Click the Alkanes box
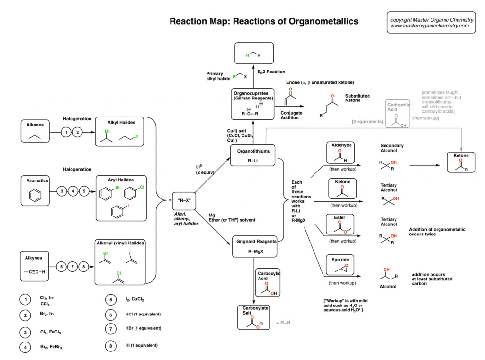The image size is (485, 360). (x=36, y=131)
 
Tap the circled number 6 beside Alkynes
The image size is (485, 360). (x=61, y=266)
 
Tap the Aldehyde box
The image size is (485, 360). (x=341, y=152)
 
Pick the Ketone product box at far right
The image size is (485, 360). (x=461, y=162)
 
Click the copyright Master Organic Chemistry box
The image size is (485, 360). (x=431, y=23)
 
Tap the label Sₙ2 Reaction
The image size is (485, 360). (x=271, y=72)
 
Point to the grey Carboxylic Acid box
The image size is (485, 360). (x=398, y=113)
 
